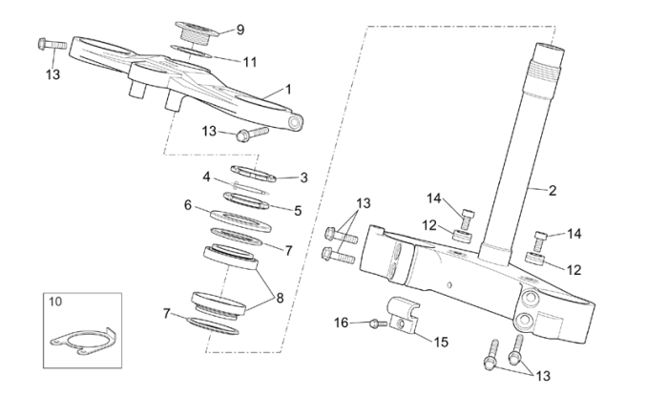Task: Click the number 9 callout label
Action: pyautogui.click(x=240, y=29)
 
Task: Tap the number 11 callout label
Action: pyautogui.click(x=250, y=62)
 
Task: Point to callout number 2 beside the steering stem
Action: pyautogui.click(x=552, y=190)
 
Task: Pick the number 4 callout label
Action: pyautogui.click(x=205, y=177)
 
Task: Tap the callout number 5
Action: pyautogui.click(x=298, y=211)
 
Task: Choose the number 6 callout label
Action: pyautogui.click(x=188, y=204)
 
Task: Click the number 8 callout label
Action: pyautogui.click(x=280, y=297)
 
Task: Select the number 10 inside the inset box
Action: pyautogui.click(x=54, y=302)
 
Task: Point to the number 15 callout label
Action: pyautogui.click(x=441, y=342)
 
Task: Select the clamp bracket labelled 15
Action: pyautogui.click(x=406, y=317)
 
